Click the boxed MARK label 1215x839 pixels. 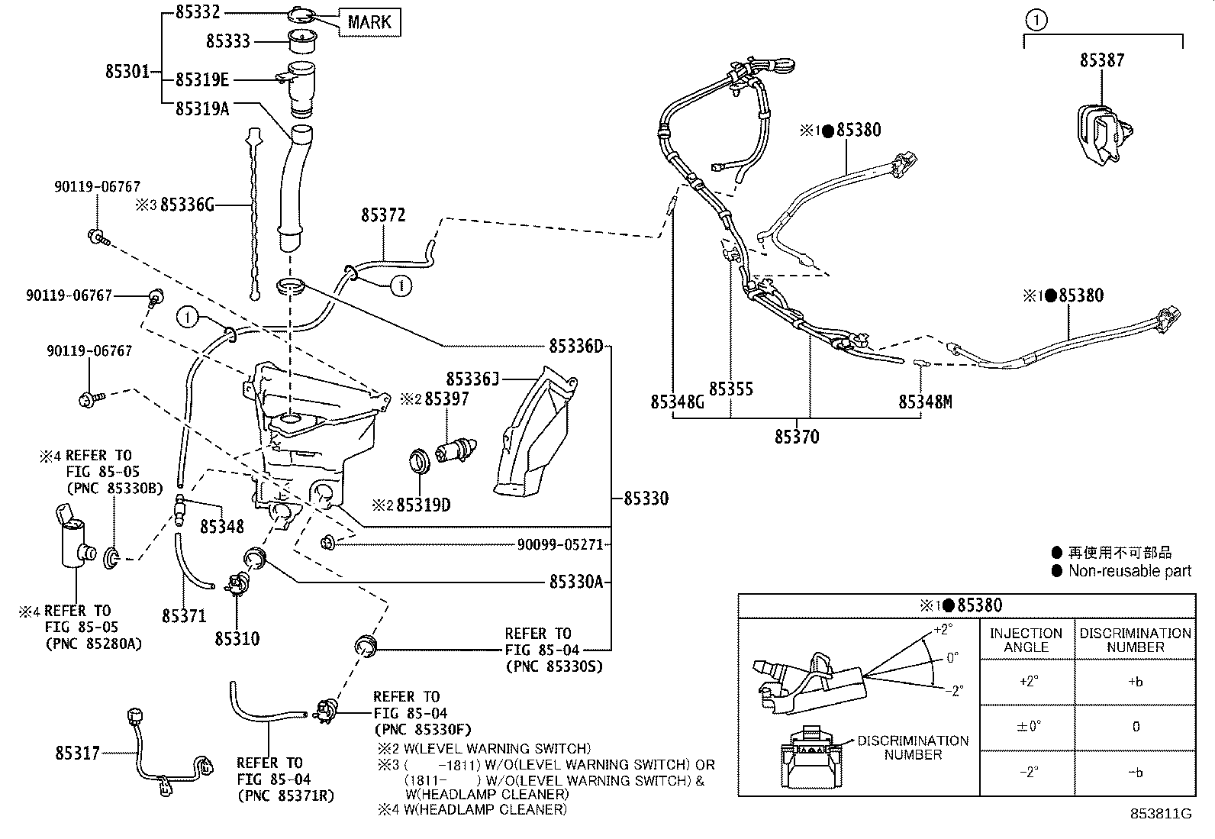pos(369,22)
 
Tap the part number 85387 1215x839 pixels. pos(1101,60)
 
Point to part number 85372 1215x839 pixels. pos(383,216)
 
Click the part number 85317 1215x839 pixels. pos(77,753)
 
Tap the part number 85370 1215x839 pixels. pos(797,437)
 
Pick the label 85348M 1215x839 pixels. pos(925,402)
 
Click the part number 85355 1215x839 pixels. pos(730,389)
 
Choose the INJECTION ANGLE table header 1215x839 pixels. pos(1026,640)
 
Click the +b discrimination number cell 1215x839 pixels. pos(1135,682)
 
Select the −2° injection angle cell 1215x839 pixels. pos(1027,772)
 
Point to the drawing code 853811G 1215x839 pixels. pos(1160,813)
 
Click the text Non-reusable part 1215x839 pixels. pos(1129,570)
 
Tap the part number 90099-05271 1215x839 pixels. pos(559,544)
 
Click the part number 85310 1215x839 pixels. pos(237,639)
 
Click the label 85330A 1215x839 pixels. pos(575,582)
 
